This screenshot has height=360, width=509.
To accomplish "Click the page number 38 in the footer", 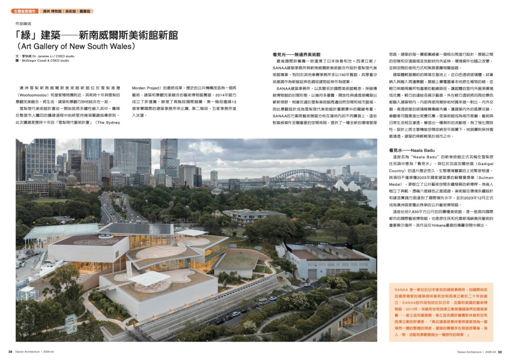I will [x=4, y=352].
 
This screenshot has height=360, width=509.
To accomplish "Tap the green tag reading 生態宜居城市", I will [x=24, y=10].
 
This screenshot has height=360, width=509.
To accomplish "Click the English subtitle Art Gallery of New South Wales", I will [x=76, y=47].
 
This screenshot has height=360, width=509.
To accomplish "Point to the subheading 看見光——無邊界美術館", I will [x=296, y=54].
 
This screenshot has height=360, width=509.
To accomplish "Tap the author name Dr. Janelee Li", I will [x=48, y=56].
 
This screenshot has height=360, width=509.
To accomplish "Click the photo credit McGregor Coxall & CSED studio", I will [x=45, y=61].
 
